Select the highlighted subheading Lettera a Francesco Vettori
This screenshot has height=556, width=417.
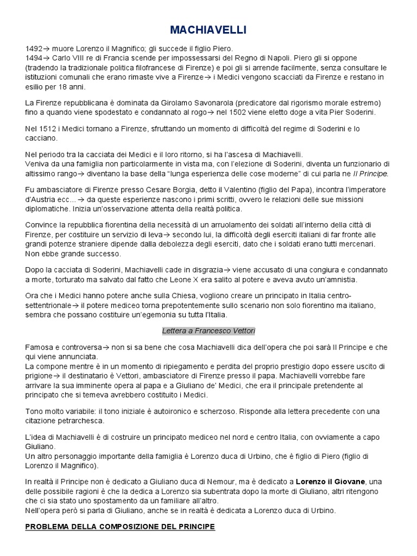click(208, 331)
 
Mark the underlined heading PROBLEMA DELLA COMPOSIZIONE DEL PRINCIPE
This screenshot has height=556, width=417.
click(120, 527)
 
